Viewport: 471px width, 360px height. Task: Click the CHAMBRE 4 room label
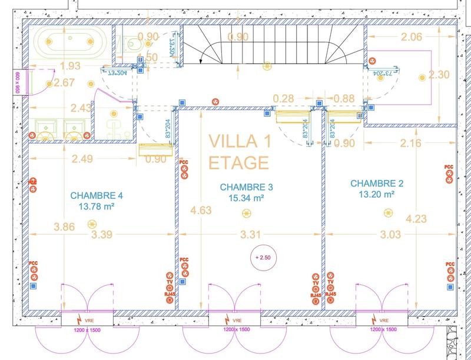click(x=96, y=195)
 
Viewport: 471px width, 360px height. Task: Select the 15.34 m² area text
click(x=246, y=198)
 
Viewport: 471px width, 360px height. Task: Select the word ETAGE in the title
click(x=239, y=162)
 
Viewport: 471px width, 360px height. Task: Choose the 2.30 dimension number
click(x=439, y=75)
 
